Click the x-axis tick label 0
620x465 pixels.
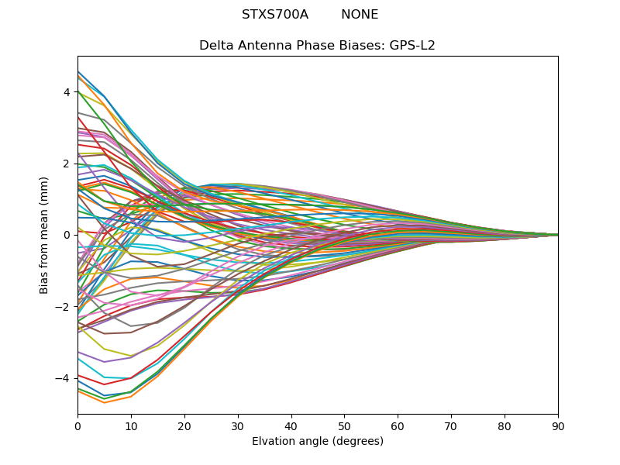[x=77, y=425]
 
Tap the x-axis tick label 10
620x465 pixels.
[x=131, y=425]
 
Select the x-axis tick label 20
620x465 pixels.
[x=184, y=425]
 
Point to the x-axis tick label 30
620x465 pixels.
[x=238, y=425]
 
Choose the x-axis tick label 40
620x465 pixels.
[x=291, y=425]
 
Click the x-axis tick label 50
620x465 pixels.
[x=344, y=425]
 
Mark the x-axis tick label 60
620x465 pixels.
[x=398, y=425]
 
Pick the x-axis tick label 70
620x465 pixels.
[x=451, y=425]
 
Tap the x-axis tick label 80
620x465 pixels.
[x=505, y=425]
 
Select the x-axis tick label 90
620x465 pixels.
[x=558, y=425]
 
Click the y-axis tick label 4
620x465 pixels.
[x=67, y=92]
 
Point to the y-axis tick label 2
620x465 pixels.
[x=67, y=164]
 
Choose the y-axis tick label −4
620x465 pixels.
[x=64, y=378]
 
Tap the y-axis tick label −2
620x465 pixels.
[x=64, y=307]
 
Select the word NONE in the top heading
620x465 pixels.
[x=360, y=15]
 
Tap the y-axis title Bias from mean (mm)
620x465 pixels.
[x=45, y=235]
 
